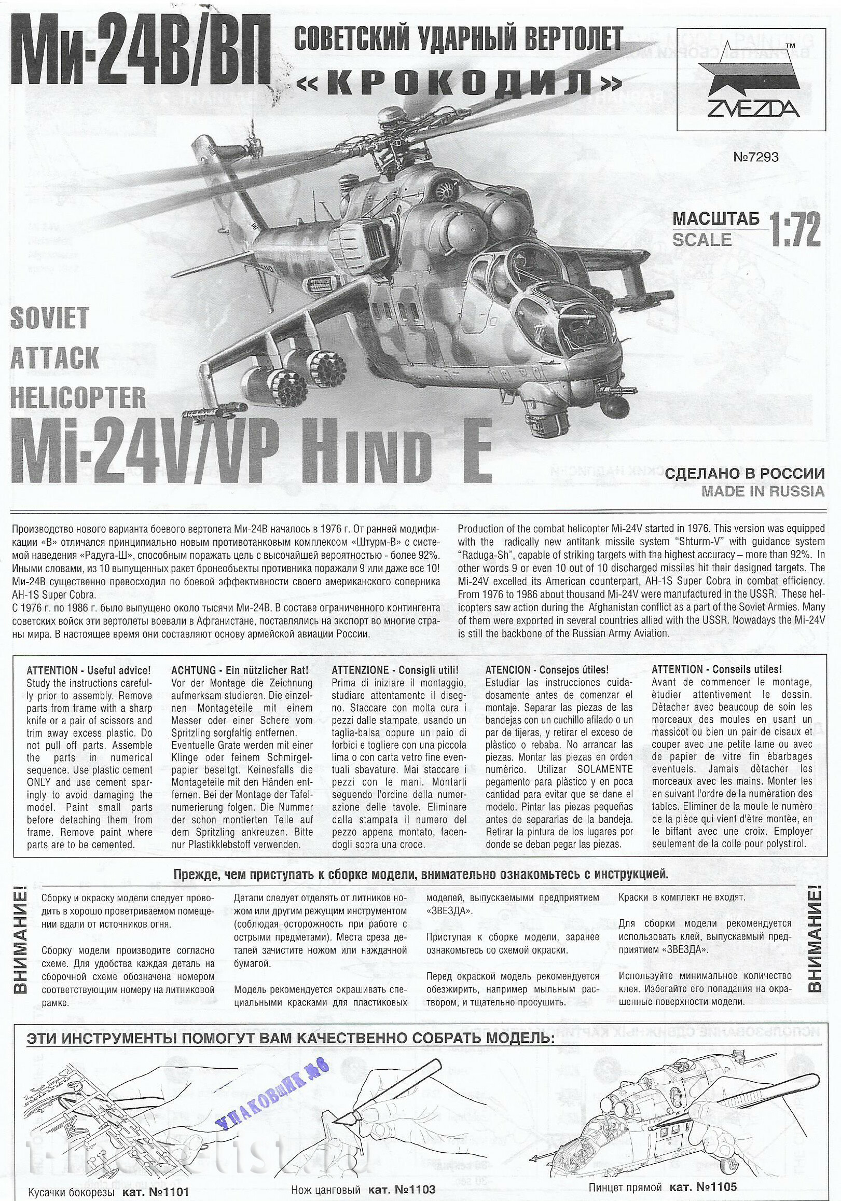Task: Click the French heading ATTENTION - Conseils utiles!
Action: coord(717,670)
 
